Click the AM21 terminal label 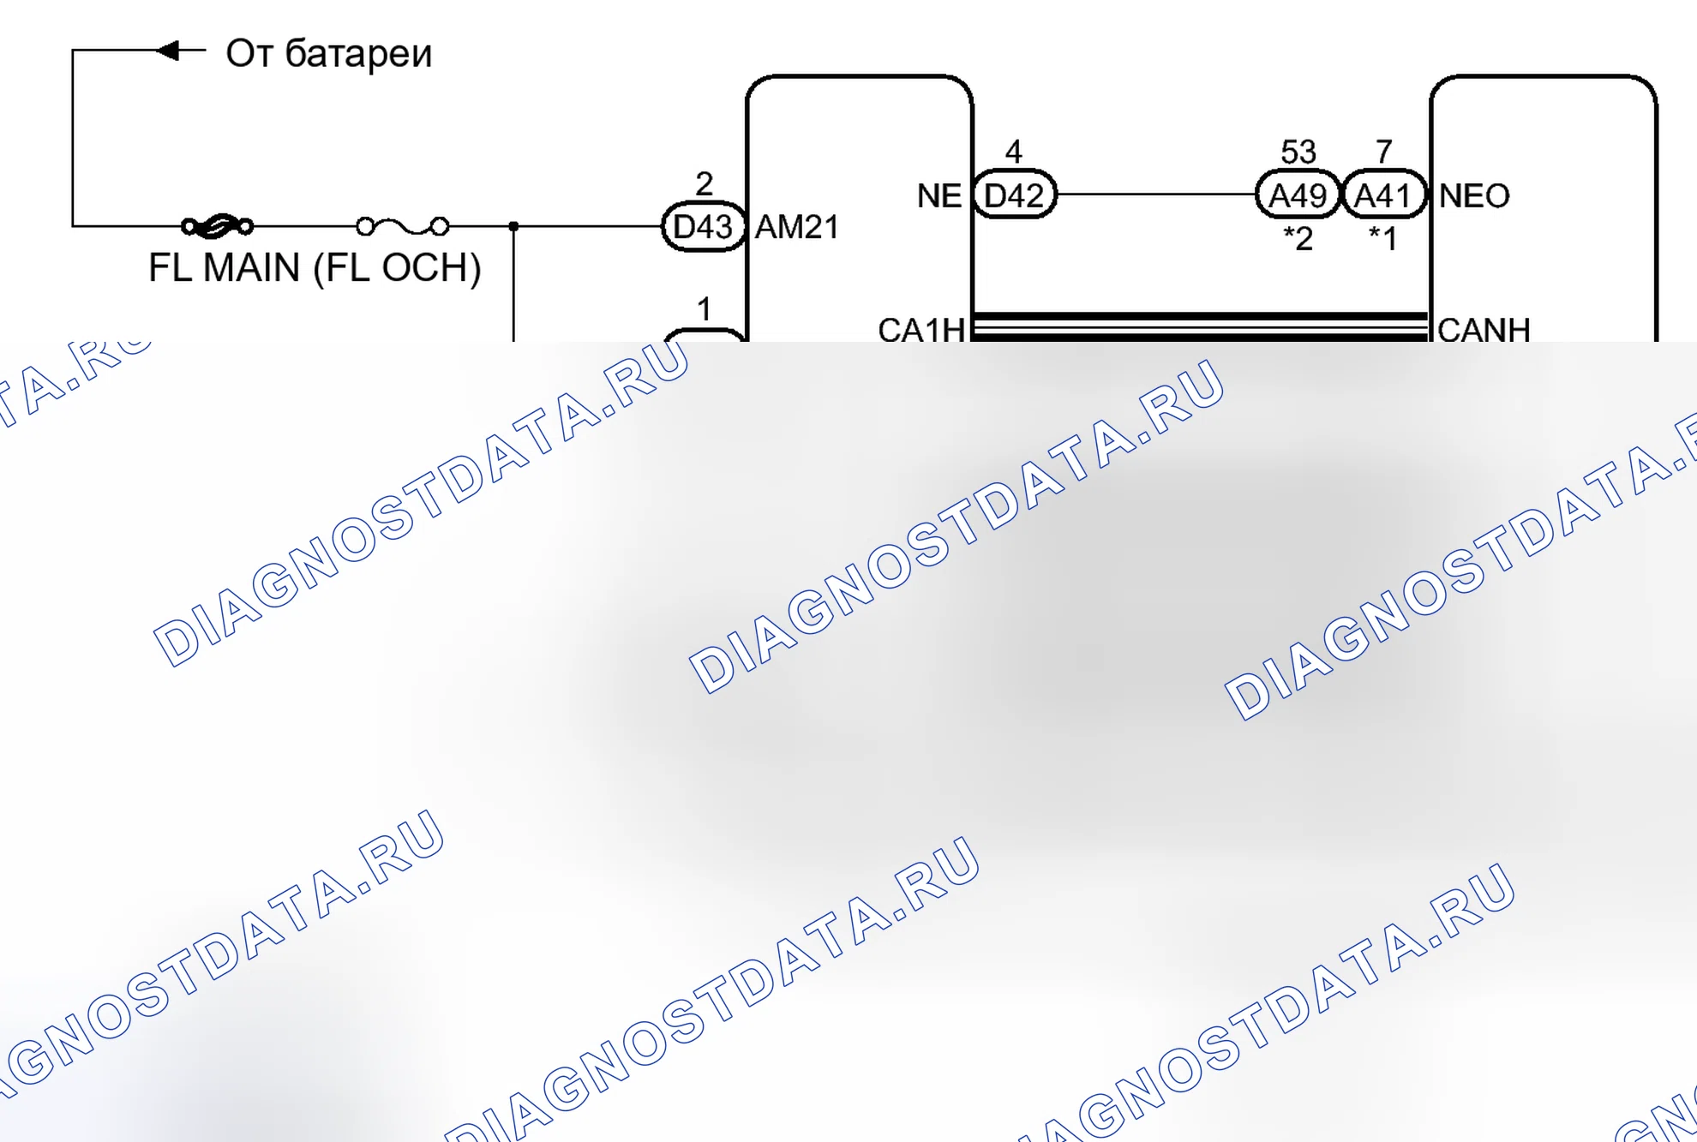(x=797, y=227)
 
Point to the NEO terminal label (x=1474, y=195)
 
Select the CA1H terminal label (x=921, y=330)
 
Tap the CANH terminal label (x=1484, y=330)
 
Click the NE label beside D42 (x=939, y=195)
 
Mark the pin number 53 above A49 (x=1298, y=152)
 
